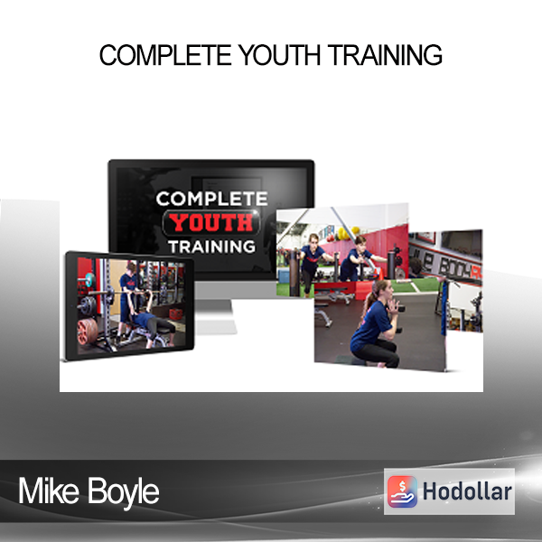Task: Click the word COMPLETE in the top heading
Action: point(165,54)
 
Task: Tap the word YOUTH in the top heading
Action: point(280,54)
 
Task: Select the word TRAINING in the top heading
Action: point(386,54)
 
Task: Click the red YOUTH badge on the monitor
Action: point(211,222)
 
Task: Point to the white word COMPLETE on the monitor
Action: point(212,199)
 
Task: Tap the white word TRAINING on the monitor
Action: point(212,247)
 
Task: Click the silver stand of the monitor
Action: point(215,316)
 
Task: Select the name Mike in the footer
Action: point(49,491)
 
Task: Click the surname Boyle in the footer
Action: point(124,492)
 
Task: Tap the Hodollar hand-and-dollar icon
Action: point(402,491)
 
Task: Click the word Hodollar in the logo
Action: point(467,491)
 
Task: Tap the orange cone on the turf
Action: point(381,274)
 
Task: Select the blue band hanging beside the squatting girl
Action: point(444,309)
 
